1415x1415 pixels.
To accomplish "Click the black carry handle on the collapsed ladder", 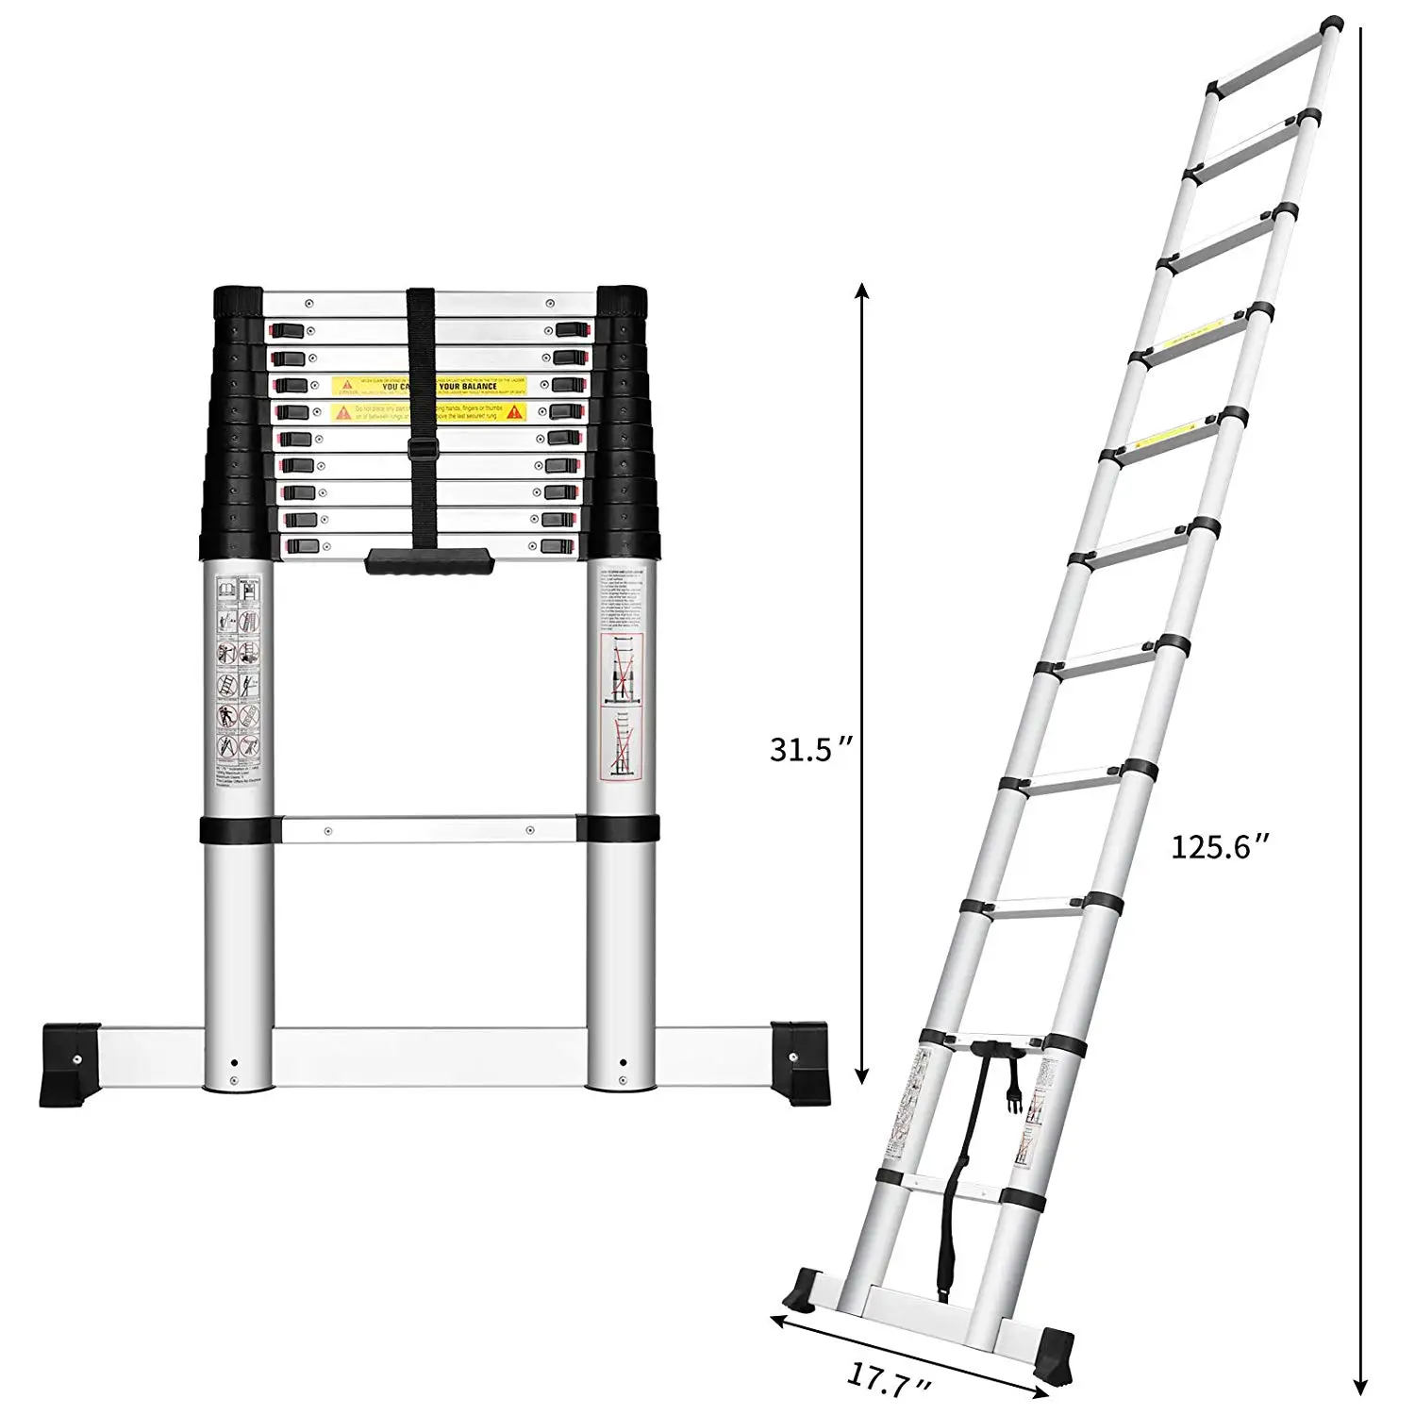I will coord(430,561).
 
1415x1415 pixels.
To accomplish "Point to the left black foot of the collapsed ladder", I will coord(70,1063).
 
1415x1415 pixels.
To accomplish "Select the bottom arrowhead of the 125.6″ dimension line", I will coord(1361,1399).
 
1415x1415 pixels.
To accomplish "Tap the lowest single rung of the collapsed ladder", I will coord(429,830).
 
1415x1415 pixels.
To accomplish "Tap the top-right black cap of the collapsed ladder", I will coord(623,301).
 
